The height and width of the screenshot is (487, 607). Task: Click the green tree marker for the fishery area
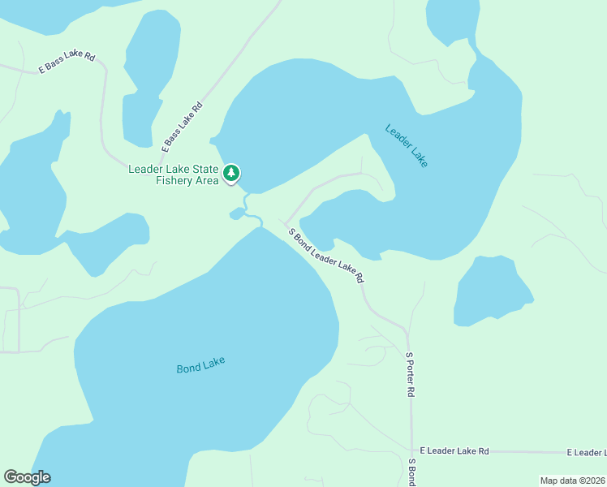pyautogui.click(x=232, y=173)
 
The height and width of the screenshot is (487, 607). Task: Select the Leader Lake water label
pyautogui.click(x=407, y=145)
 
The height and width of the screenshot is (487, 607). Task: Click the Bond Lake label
pyautogui.click(x=200, y=365)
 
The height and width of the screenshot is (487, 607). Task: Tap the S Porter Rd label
pyautogui.click(x=411, y=374)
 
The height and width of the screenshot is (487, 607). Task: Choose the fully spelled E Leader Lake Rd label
pyautogui.click(x=454, y=450)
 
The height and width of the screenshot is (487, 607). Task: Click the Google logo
pyautogui.click(x=27, y=477)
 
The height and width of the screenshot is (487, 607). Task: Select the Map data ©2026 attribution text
pyautogui.click(x=573, y=481)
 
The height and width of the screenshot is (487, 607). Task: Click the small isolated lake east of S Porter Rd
pyautogui.click(x=490, y=290)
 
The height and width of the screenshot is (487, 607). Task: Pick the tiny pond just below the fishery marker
pyautogui.click(x=236, y=214)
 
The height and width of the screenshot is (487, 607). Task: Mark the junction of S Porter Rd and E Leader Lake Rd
pyautogui.click(x=411, y=450)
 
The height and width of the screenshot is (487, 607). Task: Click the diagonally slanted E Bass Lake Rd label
pyautogui.click(x=182, y=127)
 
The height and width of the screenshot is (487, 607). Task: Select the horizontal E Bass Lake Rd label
pyautogui.click(x=67, y=63)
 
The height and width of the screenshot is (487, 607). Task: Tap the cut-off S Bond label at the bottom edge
pyautogui.click(x=412, y=472)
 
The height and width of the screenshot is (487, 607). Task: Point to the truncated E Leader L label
pyautogui.click(x=586, y=452)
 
